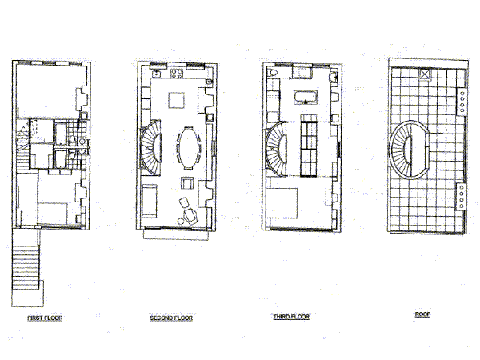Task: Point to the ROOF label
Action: pos(422,314)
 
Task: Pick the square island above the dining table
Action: pos(177,99)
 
